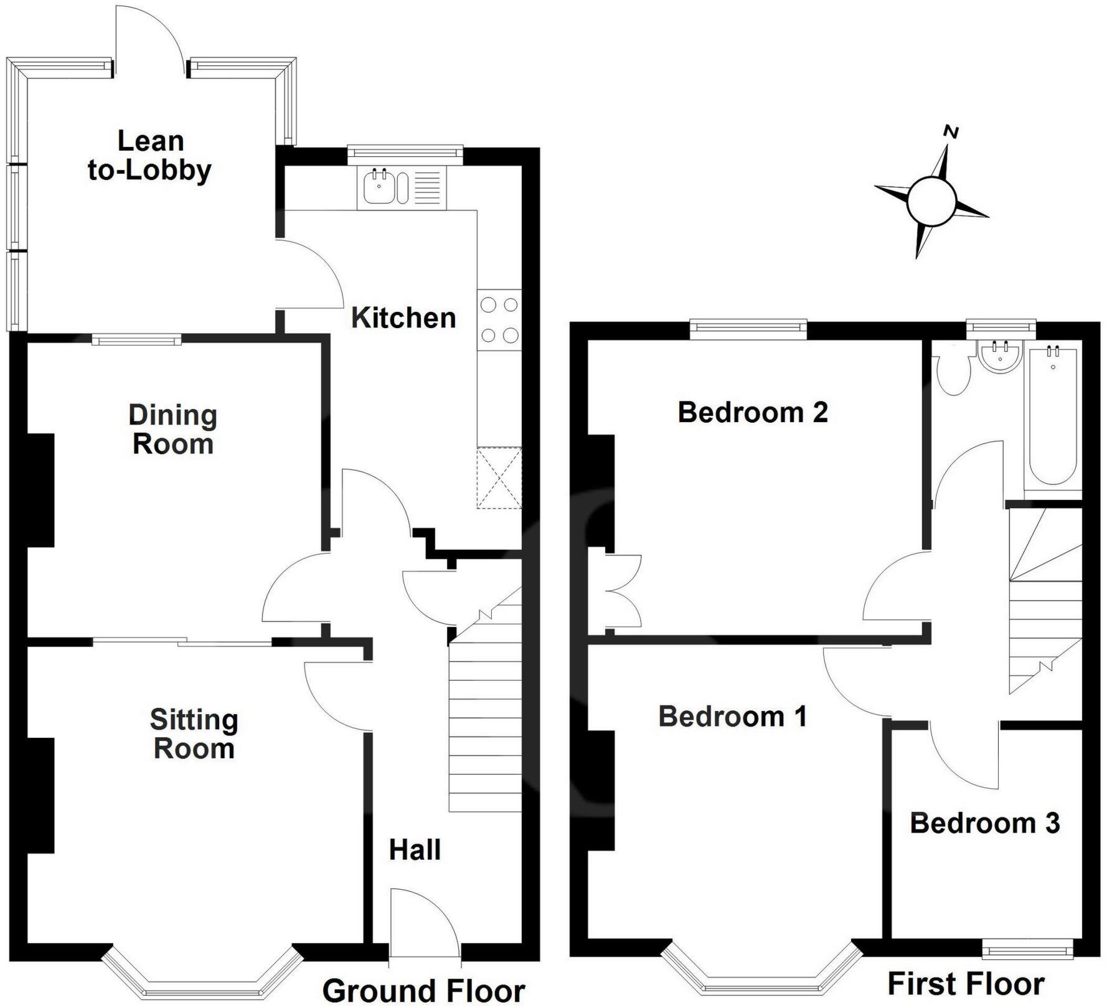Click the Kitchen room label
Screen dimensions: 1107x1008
403,318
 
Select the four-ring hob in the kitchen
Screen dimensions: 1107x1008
499,320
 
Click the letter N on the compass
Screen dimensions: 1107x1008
951,132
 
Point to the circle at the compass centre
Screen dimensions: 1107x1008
931,200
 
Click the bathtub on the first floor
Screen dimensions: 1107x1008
1053,415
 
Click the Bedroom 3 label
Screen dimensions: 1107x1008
985,823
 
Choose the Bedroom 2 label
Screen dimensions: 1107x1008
753,412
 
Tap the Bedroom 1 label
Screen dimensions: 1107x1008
733,717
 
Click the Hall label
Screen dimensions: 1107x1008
415,850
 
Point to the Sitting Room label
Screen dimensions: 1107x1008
194,734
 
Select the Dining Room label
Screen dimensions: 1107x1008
173,430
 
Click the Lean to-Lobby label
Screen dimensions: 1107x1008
150,156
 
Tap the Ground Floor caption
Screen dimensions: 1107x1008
423,991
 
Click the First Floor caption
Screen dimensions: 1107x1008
966,984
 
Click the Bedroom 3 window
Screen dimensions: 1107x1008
1029,949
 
